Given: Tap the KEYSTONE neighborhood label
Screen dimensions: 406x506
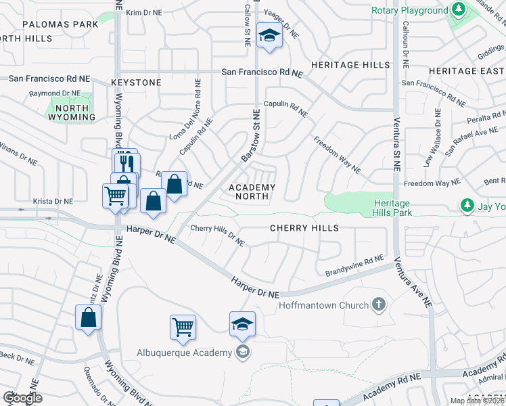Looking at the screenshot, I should (136, 83).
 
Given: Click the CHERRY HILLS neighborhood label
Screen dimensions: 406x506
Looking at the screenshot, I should (304, 228).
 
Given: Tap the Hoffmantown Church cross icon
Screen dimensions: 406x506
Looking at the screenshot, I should (379, 305).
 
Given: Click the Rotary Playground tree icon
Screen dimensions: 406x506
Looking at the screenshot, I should (459, 10).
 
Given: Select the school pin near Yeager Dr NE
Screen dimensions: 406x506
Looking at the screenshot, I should (270, 37).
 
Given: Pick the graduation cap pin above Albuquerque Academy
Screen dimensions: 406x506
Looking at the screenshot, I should (242, 323).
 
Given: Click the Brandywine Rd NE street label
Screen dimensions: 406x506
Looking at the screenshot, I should (354, 265).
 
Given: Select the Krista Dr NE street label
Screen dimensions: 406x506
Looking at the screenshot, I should (53, 201).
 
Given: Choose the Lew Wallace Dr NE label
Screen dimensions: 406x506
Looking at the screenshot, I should (432, 148).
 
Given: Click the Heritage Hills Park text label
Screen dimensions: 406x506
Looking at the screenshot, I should (391, 208).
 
